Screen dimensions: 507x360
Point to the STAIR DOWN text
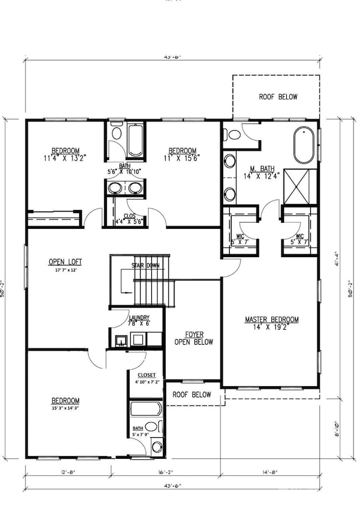point(145,265)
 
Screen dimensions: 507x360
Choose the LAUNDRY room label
point(138,318)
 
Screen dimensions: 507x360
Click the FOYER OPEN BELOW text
point(190,338)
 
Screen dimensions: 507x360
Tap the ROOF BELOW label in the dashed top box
point(278,97)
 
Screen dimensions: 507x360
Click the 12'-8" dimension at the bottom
point(68,473)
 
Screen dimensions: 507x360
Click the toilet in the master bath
point(233,134)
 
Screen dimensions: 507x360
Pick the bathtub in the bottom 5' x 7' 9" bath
point(146,409)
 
